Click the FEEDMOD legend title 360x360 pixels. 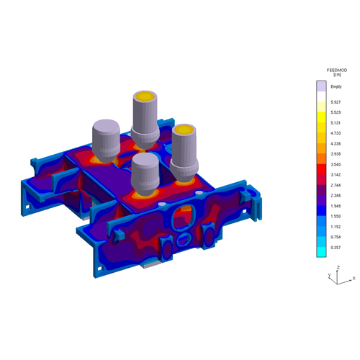[x=337, y=71]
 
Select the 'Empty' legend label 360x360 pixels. [x=336, y=86]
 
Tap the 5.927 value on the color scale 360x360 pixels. [x=336, y=102]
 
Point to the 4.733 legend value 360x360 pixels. [x=336, y=133]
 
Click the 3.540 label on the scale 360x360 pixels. [x=336, y=164]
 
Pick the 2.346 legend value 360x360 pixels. [x=336, y=196]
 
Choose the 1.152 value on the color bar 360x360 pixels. [x=336, y=227]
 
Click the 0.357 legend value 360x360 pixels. [x=336, y=248]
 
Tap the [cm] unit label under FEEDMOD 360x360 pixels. [x=337, y=75]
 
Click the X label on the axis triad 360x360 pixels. [x=354, y=279]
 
